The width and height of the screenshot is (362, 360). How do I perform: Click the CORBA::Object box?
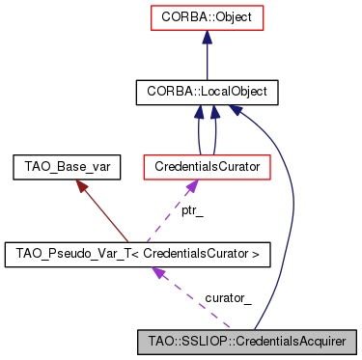click(x=208, y=17)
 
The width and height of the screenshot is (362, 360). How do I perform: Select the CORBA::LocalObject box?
click(x=208, y=93)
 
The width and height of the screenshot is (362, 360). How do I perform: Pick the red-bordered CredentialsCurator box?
click(x=206, y=168)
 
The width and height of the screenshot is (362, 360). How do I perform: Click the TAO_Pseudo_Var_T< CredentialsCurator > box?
click(x=137, y=255)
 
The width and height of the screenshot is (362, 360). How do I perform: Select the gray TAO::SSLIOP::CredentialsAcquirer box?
click(x=247, y=341)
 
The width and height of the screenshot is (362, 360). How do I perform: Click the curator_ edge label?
click(x=228, y=297)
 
